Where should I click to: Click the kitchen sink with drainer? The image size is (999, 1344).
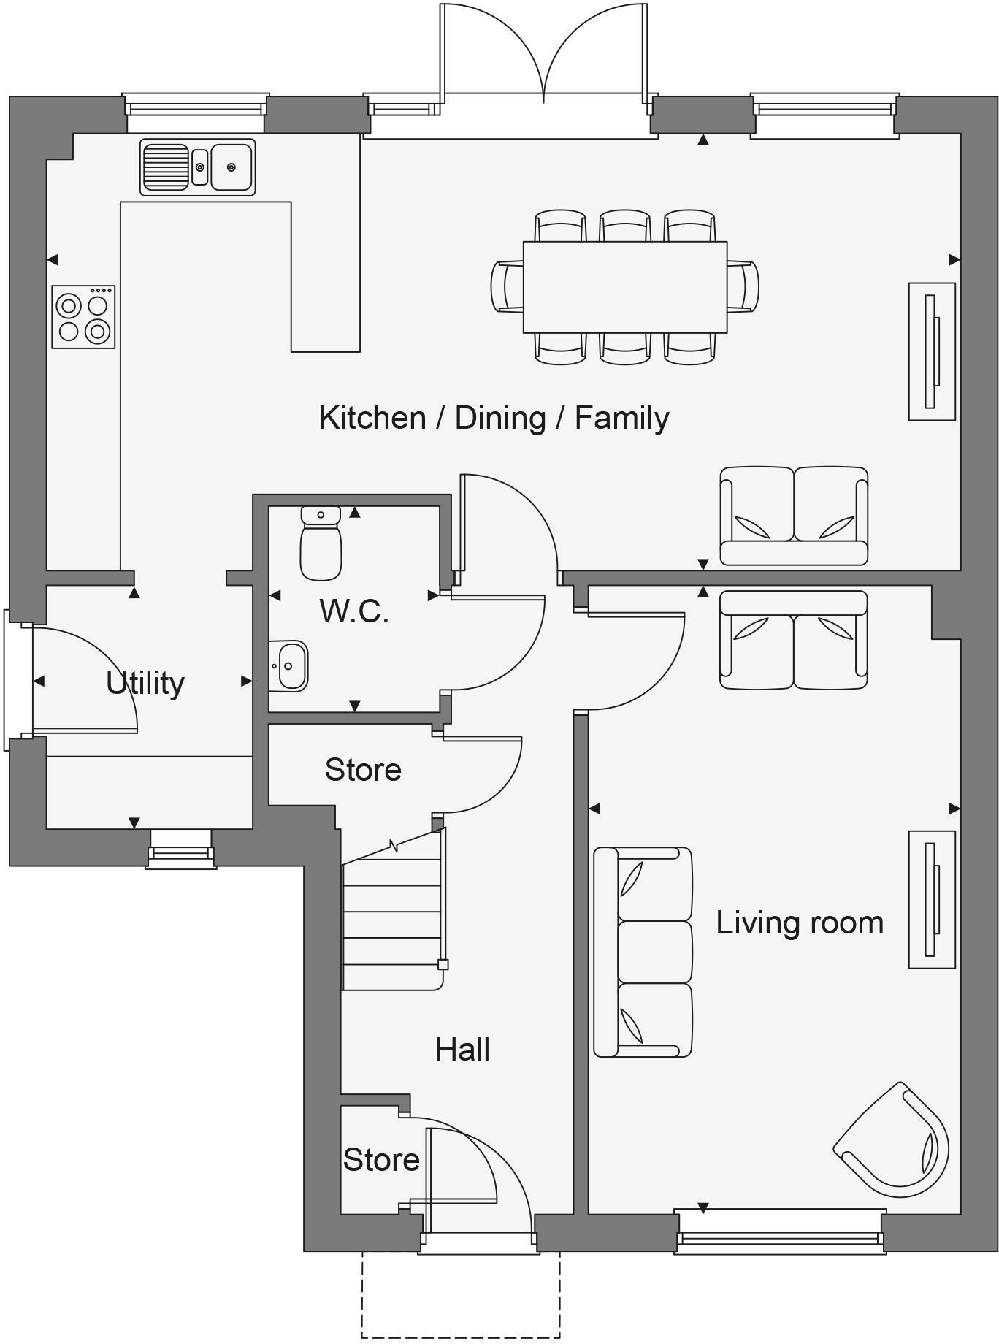[197, 167]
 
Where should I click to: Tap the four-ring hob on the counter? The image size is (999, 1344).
[83, 316]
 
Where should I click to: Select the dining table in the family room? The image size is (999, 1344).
[624, 286]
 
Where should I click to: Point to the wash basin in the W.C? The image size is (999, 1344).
[288, 665]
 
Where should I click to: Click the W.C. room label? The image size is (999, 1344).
[354, 611]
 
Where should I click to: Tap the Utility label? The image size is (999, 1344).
[145, 683]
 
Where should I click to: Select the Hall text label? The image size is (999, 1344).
[462, 1050]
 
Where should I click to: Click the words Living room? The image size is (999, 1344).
[799, 923]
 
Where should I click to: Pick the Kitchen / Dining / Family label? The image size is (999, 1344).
[494, 418]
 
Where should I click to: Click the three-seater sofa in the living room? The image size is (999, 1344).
[642, 952]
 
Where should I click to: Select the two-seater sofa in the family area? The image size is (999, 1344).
[794, 516]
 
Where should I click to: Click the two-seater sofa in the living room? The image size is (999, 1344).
[794, 640]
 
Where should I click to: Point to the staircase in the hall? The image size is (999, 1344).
[392, 924]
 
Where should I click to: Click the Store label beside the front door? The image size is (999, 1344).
[381, 1160]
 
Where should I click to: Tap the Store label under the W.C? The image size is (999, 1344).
[363, 770]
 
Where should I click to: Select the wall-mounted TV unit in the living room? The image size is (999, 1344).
[931, 899]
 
